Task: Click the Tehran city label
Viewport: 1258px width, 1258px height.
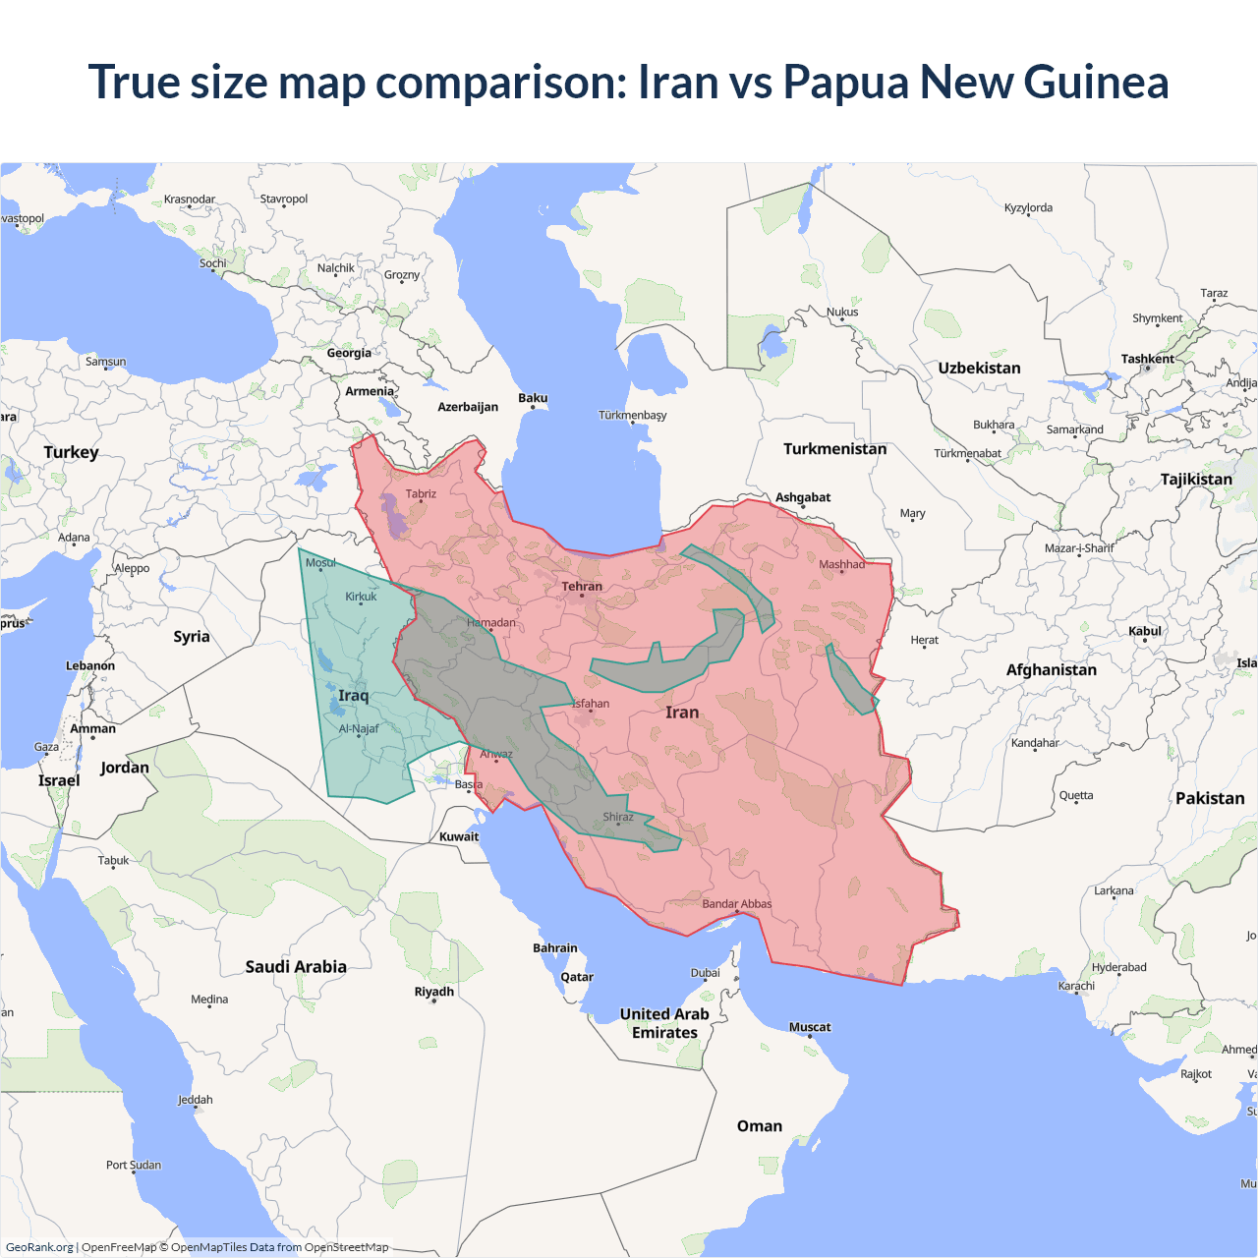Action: (x=582, y=587)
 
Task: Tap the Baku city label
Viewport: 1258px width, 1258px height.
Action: (x=533, y=398)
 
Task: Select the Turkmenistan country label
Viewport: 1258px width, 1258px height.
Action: (x=834, y=449)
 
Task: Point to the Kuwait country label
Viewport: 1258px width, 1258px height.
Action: (x=459, y=837)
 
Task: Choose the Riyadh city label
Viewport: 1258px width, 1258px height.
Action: (x=433, y=992)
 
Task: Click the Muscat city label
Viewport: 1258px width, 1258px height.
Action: (x=810, y=1027)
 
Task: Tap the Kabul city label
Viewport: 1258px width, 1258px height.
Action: (x=1145, y=631)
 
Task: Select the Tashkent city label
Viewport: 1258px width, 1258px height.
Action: (x=1147, y=359)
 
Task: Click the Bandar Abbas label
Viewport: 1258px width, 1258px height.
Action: (x=737, y=904)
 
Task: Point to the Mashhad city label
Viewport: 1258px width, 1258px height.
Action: (x=841, y=564)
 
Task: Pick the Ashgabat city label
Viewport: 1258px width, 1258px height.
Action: (x=803, y=497)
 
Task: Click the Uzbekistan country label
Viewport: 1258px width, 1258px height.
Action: (x=979, y=369)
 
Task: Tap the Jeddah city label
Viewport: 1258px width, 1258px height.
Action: (x=195, y=1100)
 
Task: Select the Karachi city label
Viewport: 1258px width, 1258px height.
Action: (x=1076, y=986)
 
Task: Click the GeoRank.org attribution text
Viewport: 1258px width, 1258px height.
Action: (x=39, y=1247)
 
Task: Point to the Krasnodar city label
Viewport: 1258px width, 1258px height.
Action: (x=190, y=200)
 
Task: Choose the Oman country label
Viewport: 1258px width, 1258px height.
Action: (x=760, y=1126)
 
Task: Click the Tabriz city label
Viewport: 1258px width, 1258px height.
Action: (x=421, y=494)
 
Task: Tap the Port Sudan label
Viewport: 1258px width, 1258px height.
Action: (x=134, y=1165)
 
